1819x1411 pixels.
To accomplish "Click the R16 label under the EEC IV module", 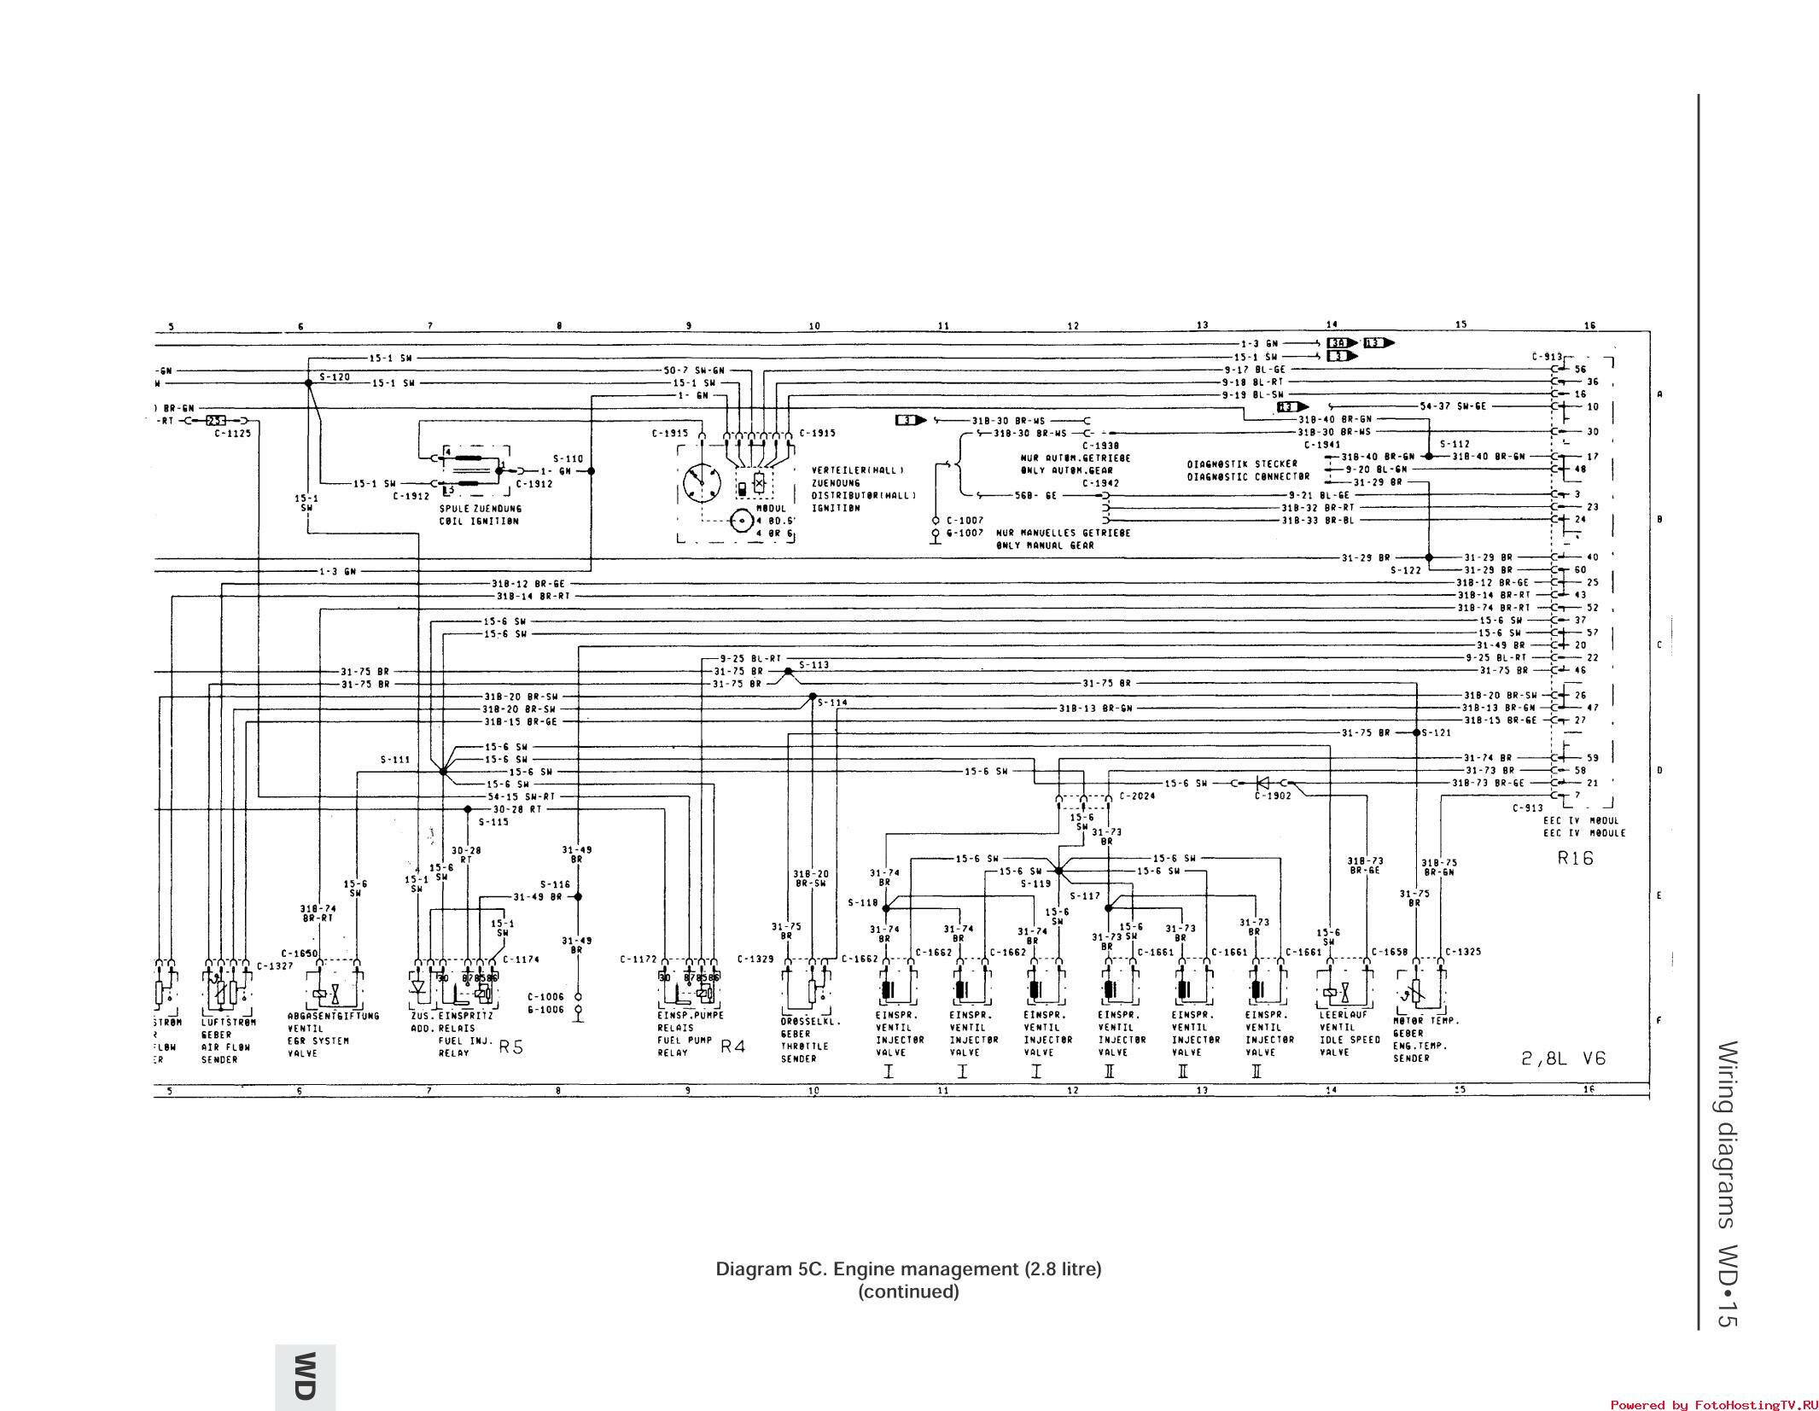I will pos(1575,858).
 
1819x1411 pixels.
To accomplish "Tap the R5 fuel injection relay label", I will pos(510,1047).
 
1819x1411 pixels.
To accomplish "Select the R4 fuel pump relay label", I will pos(733,1046).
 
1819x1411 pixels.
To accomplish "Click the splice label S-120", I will pos(335,376).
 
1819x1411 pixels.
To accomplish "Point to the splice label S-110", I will pos(568,458).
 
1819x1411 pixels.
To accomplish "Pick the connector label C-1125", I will pos(233,433).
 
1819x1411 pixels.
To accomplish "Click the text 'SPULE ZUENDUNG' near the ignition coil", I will pos(481,509).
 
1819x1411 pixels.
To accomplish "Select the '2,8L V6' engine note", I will pos(1563,1058).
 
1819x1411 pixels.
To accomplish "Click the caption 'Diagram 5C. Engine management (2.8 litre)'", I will pos(908,1269).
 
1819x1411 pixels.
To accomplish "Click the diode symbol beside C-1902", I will pos(1262,783).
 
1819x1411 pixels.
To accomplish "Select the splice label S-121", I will pos(1440,732).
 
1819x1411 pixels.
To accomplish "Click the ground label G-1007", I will pos(965,533).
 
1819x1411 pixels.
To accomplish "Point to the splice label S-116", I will pos(555,884).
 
